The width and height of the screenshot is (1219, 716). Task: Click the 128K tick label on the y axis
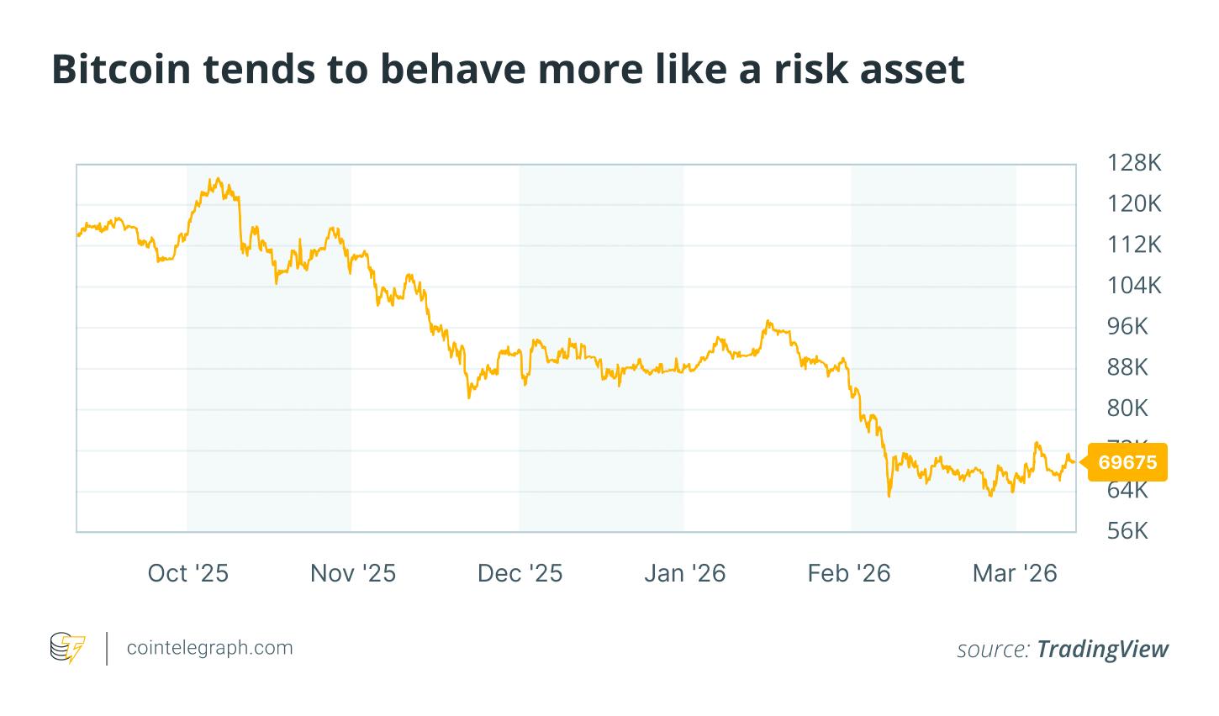(1134, 163)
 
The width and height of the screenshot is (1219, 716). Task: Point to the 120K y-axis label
(1134, 203)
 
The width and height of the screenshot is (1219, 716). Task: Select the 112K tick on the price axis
(1134, 245)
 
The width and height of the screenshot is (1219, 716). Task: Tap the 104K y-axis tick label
(1134, 286)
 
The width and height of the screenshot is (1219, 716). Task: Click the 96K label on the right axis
(1127, 327)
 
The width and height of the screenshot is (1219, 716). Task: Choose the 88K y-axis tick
(1127, 367)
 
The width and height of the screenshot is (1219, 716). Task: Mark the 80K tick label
(1127, 408)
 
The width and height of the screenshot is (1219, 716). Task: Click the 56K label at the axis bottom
(1127, 531)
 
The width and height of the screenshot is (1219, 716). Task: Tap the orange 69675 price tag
(1127, 462)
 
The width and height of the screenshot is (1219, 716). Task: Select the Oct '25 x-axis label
(187, 574)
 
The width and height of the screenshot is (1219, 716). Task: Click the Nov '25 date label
(352, 574)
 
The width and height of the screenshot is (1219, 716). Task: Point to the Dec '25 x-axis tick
(520, 574)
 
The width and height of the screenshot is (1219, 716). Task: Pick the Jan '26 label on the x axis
(684, 574)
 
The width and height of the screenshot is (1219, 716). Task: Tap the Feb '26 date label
(848, 574)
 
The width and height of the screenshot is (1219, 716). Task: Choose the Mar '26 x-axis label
(1015, 574)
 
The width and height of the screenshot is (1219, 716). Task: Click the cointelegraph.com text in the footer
(209, 648)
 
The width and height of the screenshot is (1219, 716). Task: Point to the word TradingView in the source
(1102, 649)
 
